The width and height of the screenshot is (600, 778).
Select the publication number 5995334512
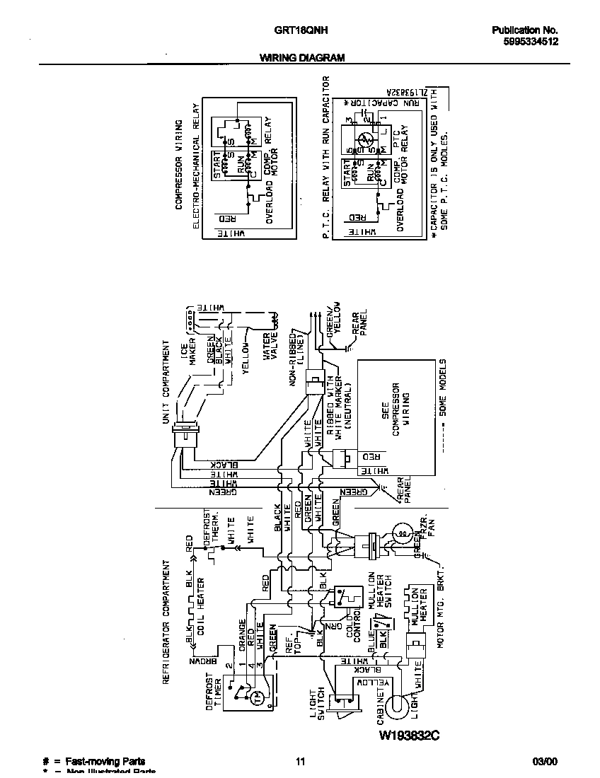point(526,42)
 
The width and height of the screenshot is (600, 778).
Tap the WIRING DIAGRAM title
point(301,58)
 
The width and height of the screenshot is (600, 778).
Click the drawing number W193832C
point(410,736)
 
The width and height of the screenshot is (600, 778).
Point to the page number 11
point(300,762)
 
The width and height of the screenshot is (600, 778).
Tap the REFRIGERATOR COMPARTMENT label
point(167,622)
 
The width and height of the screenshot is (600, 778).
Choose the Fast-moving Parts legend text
point(105,762)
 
